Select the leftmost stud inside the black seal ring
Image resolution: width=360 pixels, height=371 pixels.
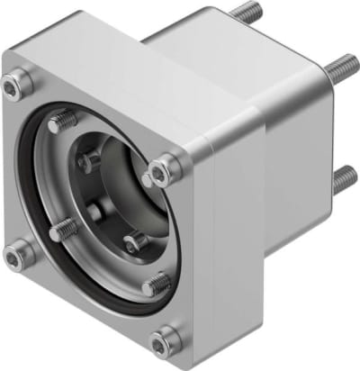click(x=61, y=231)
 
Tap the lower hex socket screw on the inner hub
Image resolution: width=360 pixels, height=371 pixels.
click(x=134, y=243)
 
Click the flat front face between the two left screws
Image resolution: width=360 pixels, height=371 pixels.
click(x=18, y=171)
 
